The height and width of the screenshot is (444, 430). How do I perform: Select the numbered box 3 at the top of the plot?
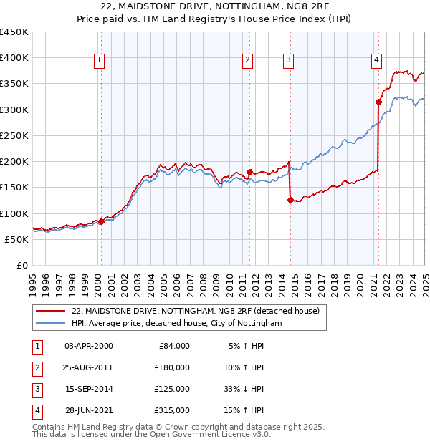tap(288, 61)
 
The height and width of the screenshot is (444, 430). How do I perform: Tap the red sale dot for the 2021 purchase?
tap(378, 102)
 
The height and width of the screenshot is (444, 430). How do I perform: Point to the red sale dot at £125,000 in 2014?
tap(290, 201)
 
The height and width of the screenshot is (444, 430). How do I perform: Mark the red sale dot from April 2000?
tap(101, 222)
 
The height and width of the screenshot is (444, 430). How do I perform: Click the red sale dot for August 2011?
tap(250, 172)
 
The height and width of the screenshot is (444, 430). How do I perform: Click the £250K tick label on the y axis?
tap(14, 135)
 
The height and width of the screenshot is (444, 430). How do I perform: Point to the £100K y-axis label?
tap(14, 213)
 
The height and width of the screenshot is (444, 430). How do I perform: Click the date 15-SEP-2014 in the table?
tap(89, 389)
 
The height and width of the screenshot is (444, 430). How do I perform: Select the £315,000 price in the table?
tap(172, 410)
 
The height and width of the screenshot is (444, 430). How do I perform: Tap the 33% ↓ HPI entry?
tap(245, 389)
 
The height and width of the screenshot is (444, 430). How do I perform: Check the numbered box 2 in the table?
tap(36, 367)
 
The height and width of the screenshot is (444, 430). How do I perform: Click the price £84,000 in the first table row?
tap(174, 346)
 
